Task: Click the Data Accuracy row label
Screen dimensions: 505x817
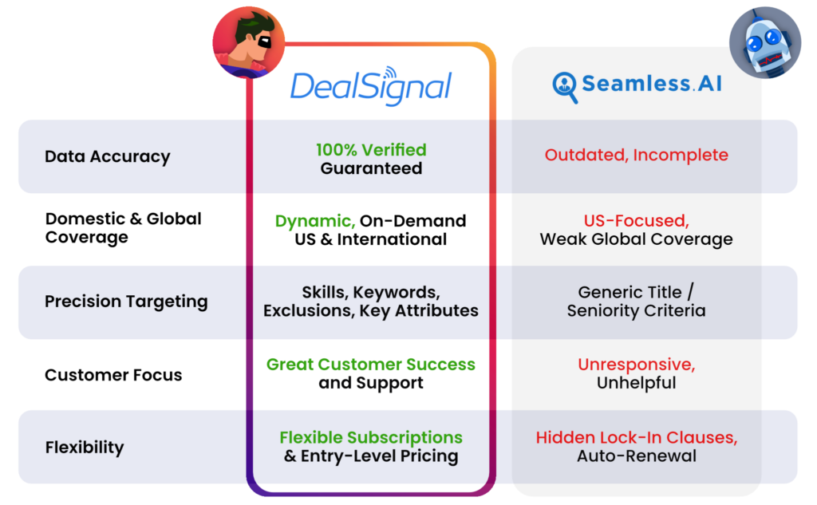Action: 107,156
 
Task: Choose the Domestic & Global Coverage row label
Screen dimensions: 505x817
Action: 123,227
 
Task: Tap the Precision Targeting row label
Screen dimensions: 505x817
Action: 126,302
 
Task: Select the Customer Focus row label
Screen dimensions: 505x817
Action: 113,375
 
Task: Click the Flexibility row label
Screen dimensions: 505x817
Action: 85,448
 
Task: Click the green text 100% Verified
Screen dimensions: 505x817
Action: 371,149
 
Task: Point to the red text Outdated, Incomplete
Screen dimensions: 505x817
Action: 636,156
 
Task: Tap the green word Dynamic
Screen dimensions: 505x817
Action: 314,221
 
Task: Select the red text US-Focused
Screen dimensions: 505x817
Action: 636,221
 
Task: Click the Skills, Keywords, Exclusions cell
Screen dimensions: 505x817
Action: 371,302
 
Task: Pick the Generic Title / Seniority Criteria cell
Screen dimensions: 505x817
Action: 636,302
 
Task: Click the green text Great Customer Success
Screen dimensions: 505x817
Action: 371,365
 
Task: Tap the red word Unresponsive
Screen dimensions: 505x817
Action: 636,365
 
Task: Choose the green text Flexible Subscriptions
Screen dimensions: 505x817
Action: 371,438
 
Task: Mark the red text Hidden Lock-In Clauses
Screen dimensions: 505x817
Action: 636,438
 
